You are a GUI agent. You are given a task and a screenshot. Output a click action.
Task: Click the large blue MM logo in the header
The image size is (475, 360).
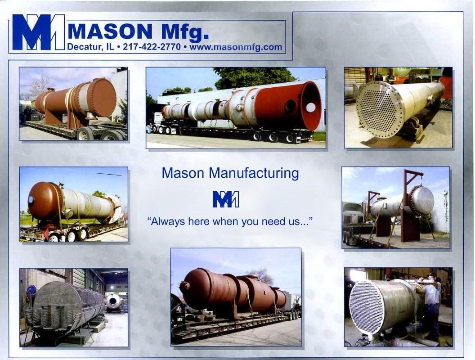tap(39, 32)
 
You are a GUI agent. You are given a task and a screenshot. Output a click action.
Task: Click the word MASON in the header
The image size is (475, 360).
tap(110, 31)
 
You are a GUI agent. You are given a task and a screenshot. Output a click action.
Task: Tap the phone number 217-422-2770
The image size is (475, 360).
tap(152, 47)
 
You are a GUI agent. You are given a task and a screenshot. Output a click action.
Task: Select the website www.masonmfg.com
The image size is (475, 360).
tap(236, 47)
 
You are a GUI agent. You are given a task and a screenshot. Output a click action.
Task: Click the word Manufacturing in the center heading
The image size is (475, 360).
tap(254, 173)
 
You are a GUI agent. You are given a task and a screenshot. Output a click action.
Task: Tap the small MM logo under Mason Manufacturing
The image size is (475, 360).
tap(226, 199)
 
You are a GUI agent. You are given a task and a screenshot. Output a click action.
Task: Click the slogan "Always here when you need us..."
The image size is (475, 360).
tap(229, 221)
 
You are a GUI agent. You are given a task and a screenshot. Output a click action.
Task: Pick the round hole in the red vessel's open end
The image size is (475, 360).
tap(310, 107)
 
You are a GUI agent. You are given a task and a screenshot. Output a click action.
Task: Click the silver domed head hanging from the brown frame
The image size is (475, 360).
tap(422, 201)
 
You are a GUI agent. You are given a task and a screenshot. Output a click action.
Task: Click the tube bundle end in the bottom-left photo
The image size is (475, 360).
tap(57, 306)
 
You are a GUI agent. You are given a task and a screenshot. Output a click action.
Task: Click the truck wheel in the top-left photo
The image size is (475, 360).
tap(85, 134)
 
